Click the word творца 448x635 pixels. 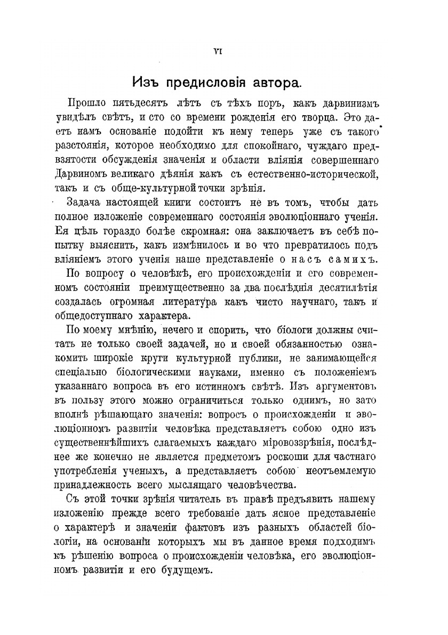click(318, 116)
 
